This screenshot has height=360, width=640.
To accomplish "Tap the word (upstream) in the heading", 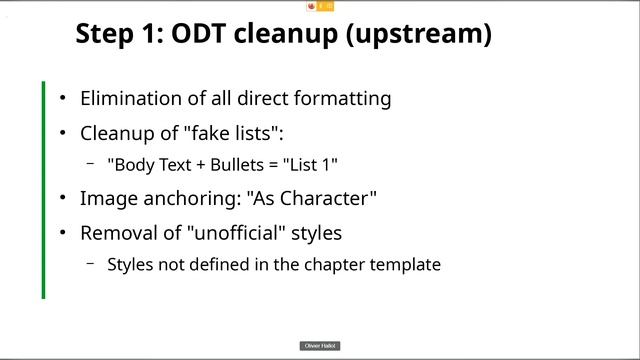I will pos(428,34).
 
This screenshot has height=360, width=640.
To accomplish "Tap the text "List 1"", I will pos(321,164).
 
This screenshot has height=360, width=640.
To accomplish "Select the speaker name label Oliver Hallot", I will pos(320,346).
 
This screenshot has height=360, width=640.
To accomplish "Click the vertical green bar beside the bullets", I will pos(44,190).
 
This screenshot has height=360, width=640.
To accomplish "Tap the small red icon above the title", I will pos(312,6).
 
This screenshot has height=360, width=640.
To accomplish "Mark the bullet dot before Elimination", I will pos(63,99).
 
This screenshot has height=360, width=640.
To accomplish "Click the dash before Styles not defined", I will pos(90,264).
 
